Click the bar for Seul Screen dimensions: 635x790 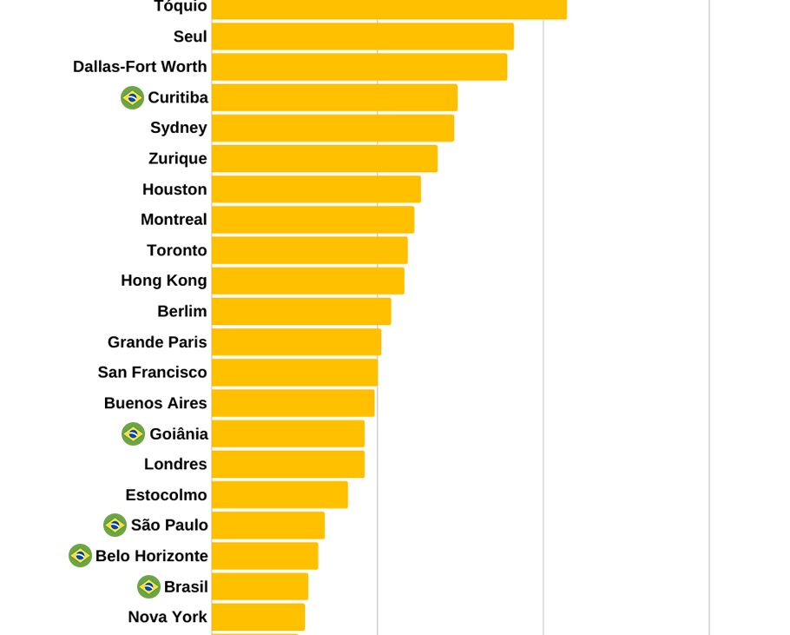tap(362, 36)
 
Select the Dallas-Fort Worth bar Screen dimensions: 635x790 tap(359, 67)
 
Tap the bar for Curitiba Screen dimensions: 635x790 tap(334, 97)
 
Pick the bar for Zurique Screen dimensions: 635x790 tap(324, 159)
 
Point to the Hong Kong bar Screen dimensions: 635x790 tap(307, 281)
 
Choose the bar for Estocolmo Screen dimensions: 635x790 tap(280, 495)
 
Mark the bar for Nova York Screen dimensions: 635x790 tap(258, 617)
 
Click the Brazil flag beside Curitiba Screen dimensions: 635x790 tap(132, 97)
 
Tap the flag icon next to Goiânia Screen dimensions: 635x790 tap(133, 433)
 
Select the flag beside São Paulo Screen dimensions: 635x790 tap(115, 525)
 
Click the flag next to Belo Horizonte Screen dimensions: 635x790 tap(80, 556)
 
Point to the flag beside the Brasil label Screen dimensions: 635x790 tap(148, 586)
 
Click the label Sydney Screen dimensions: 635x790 tap(178, 128)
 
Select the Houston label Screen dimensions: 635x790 tap(174, 189)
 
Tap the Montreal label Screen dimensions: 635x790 tap(174, 220)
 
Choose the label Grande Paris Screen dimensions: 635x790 tap(157, 342)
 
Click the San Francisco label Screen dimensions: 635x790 tap(152, 373)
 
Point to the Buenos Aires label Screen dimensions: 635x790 tap(155, 403)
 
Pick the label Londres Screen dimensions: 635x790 tap(175, 464)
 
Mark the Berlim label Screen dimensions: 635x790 tap(181, 311)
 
